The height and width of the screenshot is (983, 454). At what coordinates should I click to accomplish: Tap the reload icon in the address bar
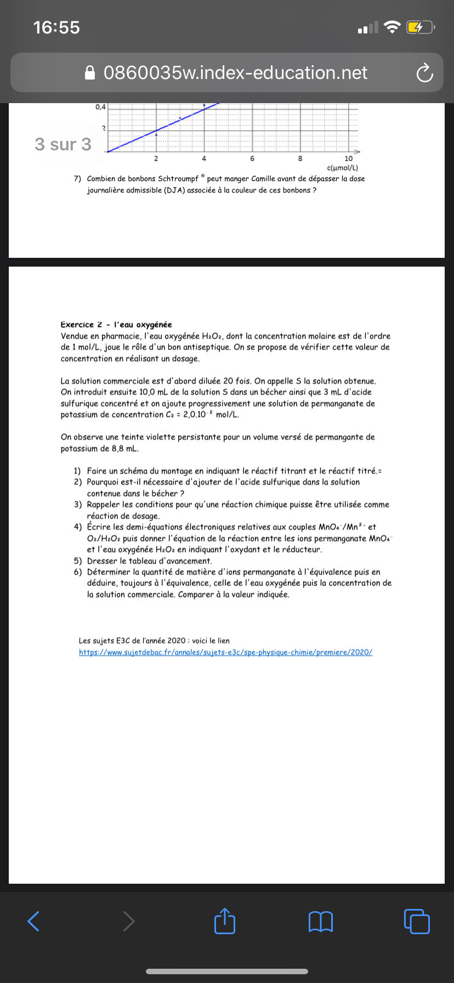point(424,73)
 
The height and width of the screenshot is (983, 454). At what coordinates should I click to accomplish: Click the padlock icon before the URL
point(90,73)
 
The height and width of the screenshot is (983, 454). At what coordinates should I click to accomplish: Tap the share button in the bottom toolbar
point(225,921)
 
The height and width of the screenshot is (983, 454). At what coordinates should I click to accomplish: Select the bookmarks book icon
point(321,922)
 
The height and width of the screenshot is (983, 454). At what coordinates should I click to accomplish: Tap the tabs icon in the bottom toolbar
point(417,921)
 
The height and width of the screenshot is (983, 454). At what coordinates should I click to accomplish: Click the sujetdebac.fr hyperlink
point(225,652)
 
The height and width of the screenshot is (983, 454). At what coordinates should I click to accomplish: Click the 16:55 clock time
point(56,27)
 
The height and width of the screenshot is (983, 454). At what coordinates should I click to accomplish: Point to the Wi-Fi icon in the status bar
point(392,27)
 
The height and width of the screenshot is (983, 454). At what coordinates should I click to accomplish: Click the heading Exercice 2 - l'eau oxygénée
point(116,325)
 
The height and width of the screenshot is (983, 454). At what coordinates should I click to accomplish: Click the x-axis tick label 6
point(252,159)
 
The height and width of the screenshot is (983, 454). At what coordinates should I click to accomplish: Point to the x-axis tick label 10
point(349,159)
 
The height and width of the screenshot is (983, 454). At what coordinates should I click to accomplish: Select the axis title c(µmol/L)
point(342,168)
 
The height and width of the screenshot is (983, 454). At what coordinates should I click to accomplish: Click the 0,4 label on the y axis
point(100,107)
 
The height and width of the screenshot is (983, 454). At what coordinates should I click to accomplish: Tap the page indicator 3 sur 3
point(63,144)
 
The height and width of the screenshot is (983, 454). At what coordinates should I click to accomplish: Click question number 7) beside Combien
point(77,179)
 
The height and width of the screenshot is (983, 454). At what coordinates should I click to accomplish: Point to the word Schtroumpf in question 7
point(178,179)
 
